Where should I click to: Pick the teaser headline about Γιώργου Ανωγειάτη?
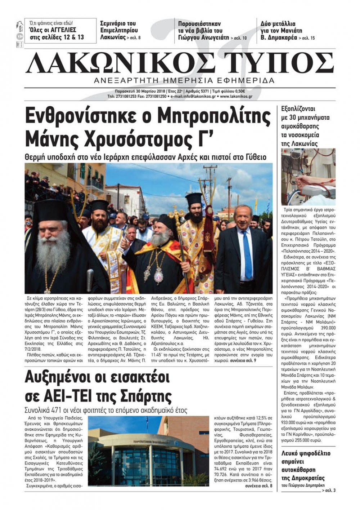click(x=205, y=30)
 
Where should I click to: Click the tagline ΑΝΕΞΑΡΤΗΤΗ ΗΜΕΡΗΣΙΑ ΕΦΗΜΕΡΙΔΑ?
click(x=184, y=80)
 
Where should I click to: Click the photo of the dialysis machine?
click(x=308, y=177)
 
